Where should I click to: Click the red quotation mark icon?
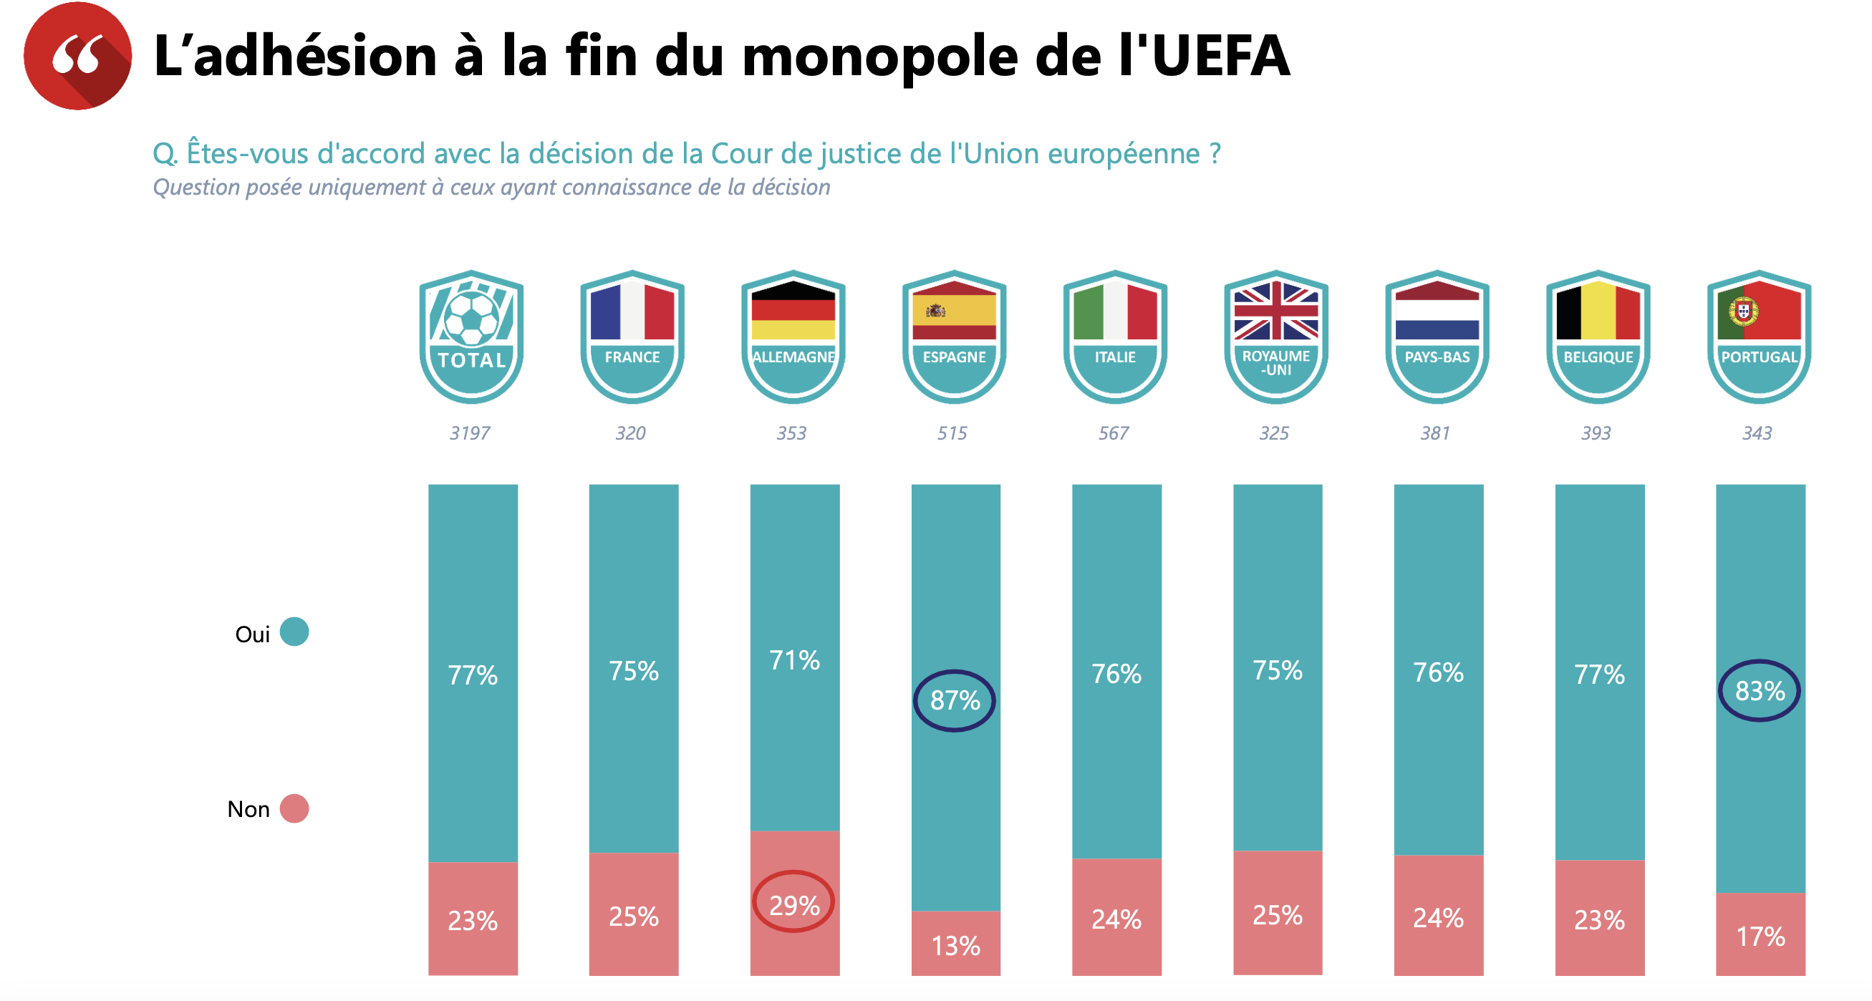point(77,56)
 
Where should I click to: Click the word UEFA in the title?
point(1220,56)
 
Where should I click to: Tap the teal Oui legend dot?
point(294,632)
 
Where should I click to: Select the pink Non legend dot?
point(294,808)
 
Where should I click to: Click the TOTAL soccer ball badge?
point(472,337)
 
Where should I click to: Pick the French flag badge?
point(632,337)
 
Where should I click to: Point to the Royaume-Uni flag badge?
point(1276,337)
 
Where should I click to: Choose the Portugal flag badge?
point(1759,337)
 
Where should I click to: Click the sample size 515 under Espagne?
point(952,433)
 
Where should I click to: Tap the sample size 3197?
point(471,433)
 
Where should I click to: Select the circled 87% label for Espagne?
point(955,700)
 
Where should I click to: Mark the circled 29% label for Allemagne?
point(793,905)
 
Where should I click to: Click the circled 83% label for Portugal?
point(1760,690)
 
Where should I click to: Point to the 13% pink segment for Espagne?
point(955,945)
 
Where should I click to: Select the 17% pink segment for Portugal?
point(1760,937)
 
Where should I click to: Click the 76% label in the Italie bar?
point(1116,674)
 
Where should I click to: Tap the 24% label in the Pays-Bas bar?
point(1438,918)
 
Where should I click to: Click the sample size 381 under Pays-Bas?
point(1435,433)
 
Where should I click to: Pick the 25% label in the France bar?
point(634,917)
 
